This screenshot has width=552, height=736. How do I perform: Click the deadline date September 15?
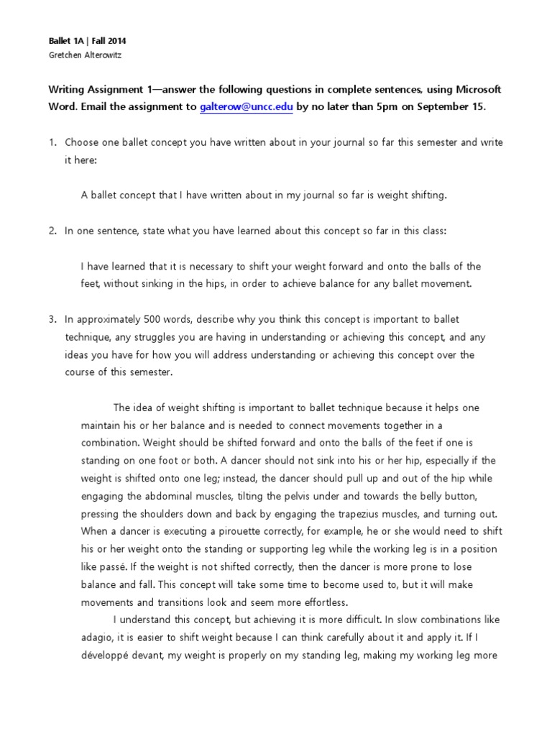tap(450, 107)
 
